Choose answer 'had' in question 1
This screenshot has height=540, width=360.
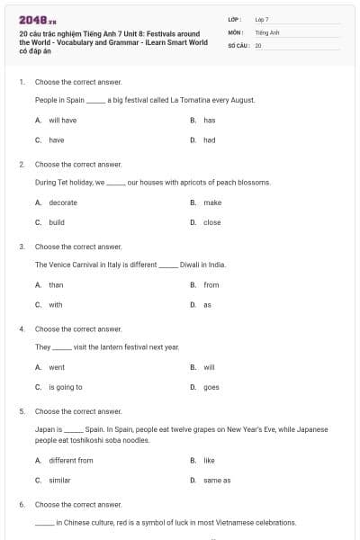pyautogui.click(x=209, y=140)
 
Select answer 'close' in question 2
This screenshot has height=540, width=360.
pyautogui.click(x=211, y=222)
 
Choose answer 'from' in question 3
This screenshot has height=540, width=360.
pyautogui.click(x=211, y=285)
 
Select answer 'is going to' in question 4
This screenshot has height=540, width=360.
pyautogui.click(x=65, y=387)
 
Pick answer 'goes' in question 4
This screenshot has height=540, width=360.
pyautogui.click(x=211, y=387)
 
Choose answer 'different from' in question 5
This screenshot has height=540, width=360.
pyautogui.click(x=70, y=460)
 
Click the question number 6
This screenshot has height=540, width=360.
pyautogui.click(x=22, y=505)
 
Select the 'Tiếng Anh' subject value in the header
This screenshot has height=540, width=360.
pyautogui.click(x=267, y=31)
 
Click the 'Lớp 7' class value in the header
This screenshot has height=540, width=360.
pyautogui.click(x=262, y=19)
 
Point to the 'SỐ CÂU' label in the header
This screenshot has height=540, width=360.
pyautogui.click(x=238, y=44)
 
